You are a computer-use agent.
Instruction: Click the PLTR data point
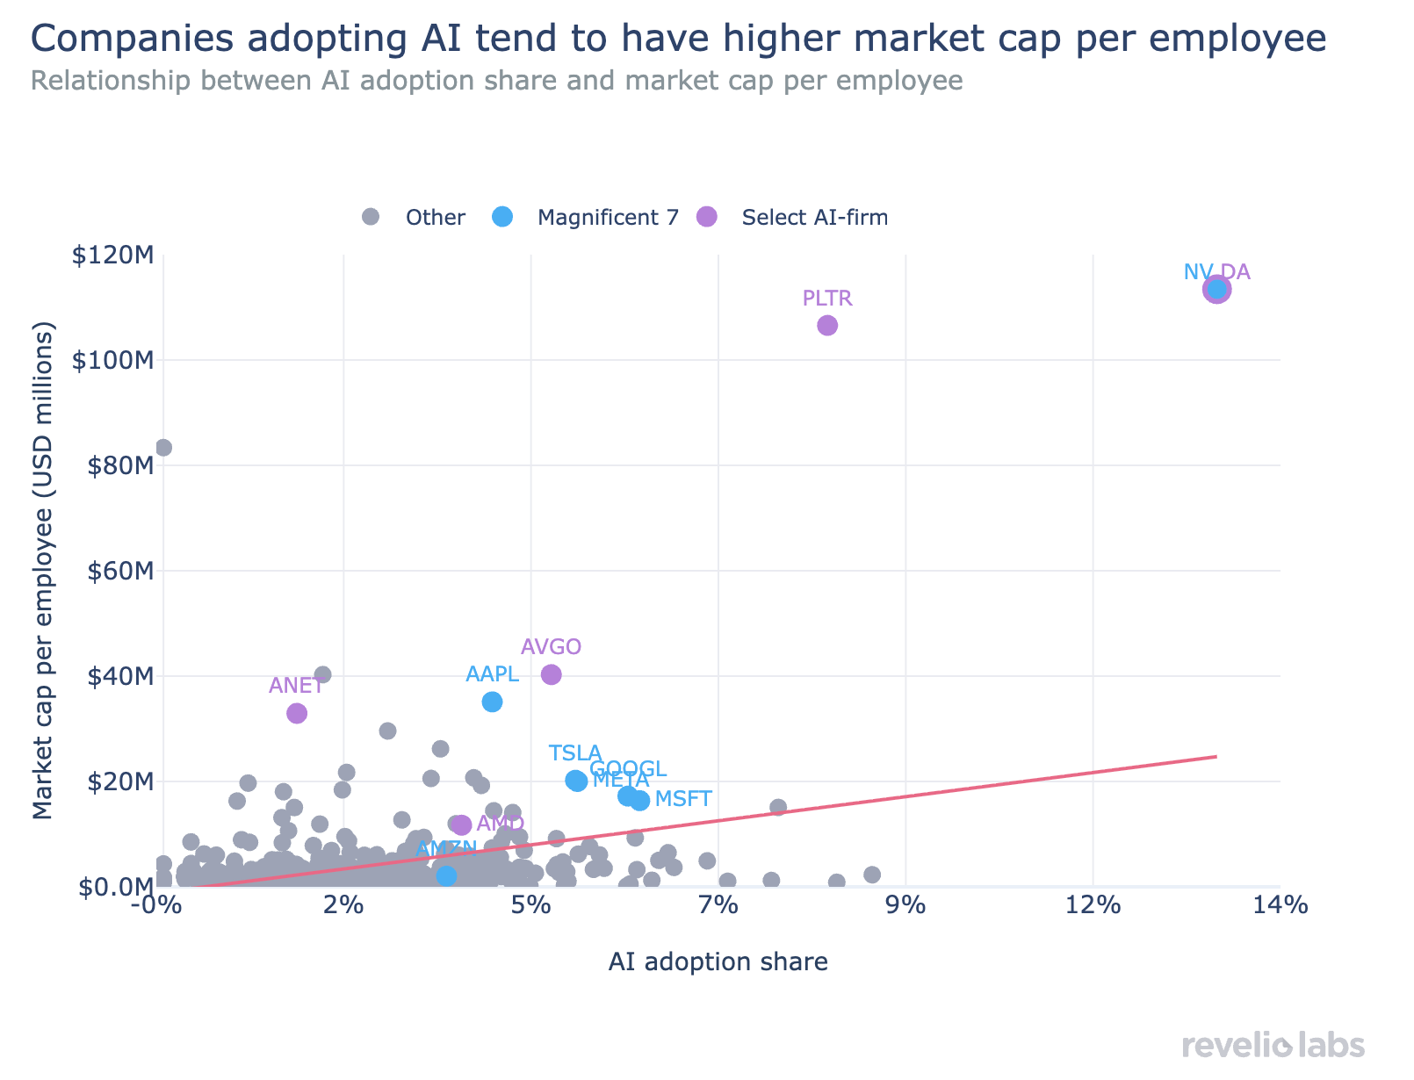point(827,325)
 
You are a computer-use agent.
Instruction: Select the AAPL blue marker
point(492,702)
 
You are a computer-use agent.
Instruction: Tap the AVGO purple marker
point(552,674)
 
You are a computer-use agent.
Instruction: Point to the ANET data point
point(297,713)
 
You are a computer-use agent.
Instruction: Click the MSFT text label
point(683,799)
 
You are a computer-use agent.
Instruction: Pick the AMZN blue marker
point(446,875)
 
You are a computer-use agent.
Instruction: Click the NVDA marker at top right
point(1216,289)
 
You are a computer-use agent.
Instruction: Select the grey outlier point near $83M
point(163,448)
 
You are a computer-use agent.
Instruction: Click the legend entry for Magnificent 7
point(608,217)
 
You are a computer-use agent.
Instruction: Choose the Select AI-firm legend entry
point(814,217)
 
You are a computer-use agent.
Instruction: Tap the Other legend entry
point(435,217)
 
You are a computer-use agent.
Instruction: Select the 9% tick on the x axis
point(905,905)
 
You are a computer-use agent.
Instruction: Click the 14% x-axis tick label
point(1280,905)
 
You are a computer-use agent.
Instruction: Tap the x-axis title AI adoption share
point(718,962)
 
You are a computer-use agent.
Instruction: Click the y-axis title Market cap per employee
point(43,571)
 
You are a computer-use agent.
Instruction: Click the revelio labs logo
point(1273,1046)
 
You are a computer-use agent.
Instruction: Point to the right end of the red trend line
point(1216,756)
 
